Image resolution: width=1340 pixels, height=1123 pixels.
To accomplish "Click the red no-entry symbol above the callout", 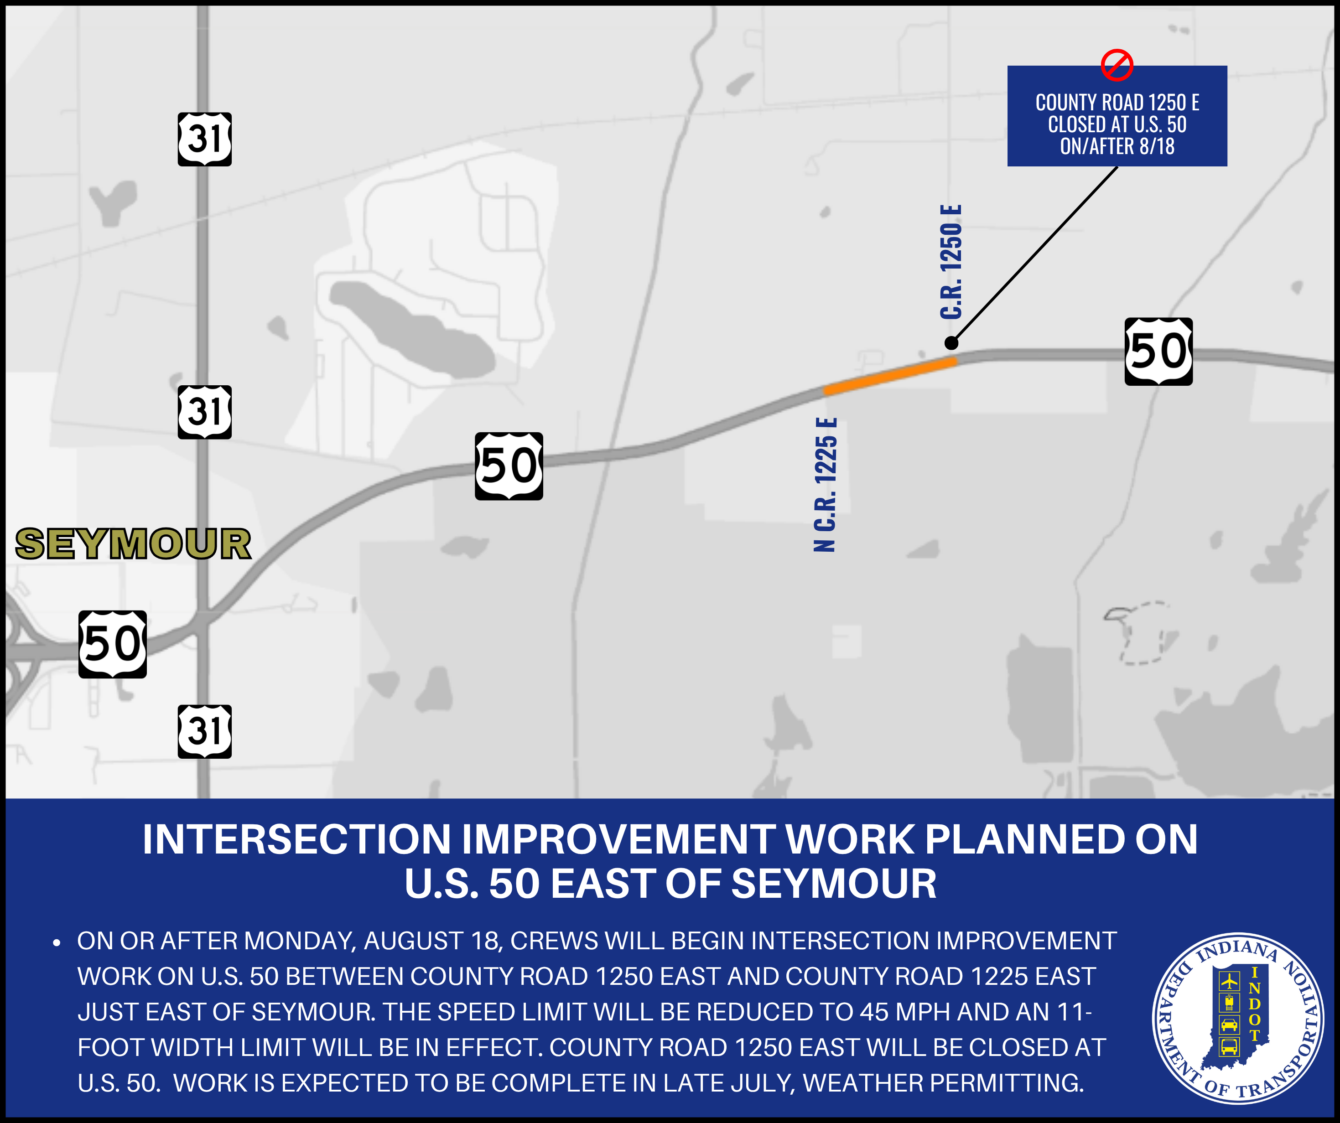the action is tap(1117, 65).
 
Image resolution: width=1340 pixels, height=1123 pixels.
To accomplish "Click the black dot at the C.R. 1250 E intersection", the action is tap(951, 343).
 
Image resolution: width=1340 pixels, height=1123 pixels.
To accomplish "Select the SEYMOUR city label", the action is tap(133, 544).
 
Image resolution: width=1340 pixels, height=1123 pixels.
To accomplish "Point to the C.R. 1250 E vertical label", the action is tap(951, 262).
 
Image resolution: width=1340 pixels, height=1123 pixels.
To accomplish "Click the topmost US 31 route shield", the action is tap(204, 139).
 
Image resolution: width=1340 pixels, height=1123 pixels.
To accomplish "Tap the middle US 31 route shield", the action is tap(204, 412).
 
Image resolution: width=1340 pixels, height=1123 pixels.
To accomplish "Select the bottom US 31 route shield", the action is tap(204, 731).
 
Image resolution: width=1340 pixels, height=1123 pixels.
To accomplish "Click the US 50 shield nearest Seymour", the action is tap(112, 644).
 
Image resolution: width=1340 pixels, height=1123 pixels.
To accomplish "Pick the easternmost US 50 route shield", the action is tap(1158, 352).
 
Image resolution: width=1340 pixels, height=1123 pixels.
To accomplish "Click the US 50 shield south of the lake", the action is tap(509, 466).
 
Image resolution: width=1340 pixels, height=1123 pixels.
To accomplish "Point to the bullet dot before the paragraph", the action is tap(57, 942).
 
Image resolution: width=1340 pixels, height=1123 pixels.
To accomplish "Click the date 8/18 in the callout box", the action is tap(1156, 146).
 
